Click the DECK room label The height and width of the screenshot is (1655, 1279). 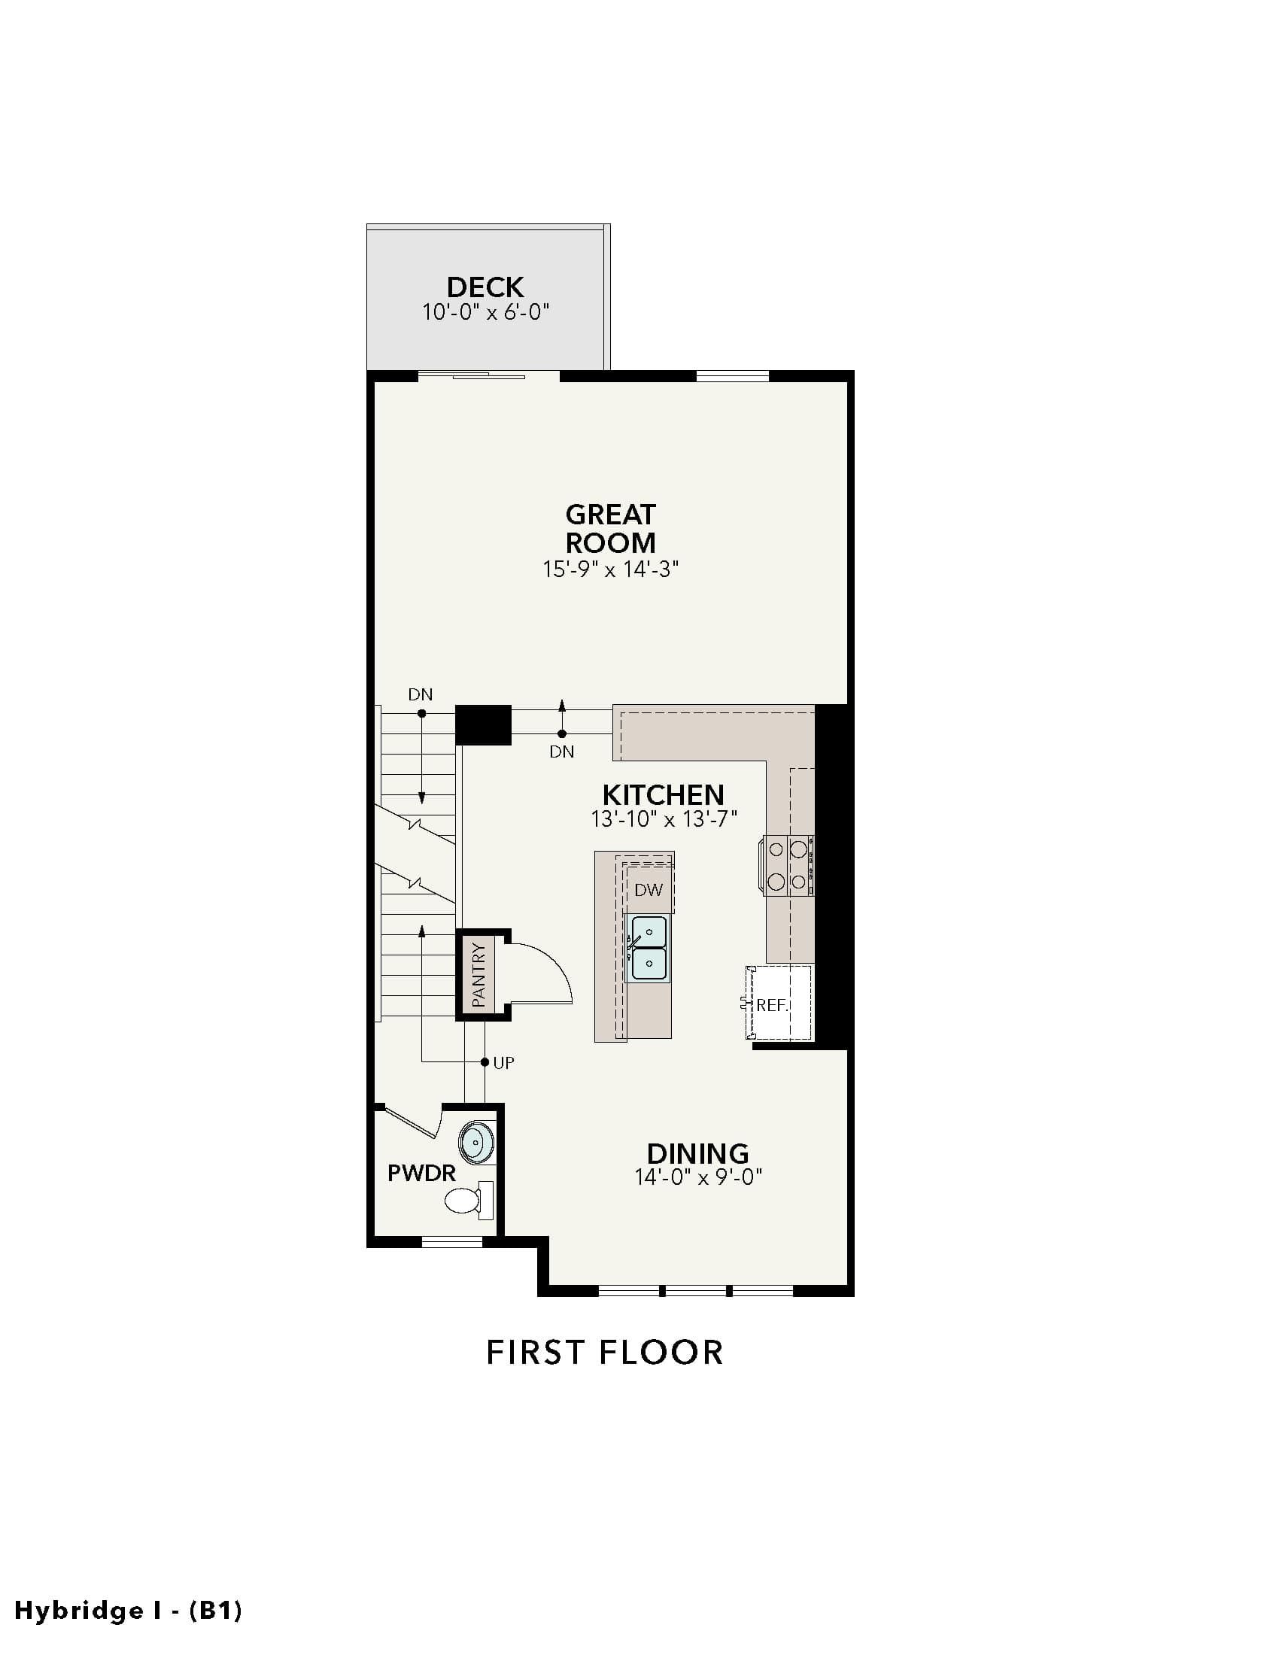(485, 287)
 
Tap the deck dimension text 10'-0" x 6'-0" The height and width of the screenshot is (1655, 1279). (485, 312)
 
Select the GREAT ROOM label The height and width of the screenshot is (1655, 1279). (610, 528)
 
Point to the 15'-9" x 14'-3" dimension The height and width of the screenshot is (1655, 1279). (610, 569)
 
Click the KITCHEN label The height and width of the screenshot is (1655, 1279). (663, 794)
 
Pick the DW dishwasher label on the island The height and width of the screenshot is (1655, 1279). (649, 890)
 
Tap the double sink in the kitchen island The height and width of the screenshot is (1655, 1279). (649, 949)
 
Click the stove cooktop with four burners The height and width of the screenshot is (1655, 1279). (788, 865)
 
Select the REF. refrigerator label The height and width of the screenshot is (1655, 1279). (772, 1006)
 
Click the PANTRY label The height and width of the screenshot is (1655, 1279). (478, 974)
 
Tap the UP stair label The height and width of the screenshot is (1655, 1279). (503, 1062)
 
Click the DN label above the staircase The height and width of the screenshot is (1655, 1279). (421, 694)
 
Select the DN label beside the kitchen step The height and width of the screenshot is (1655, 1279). (561, 752)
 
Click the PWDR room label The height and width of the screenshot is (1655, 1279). (421, 1174)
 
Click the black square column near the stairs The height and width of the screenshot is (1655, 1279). (484, 725)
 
